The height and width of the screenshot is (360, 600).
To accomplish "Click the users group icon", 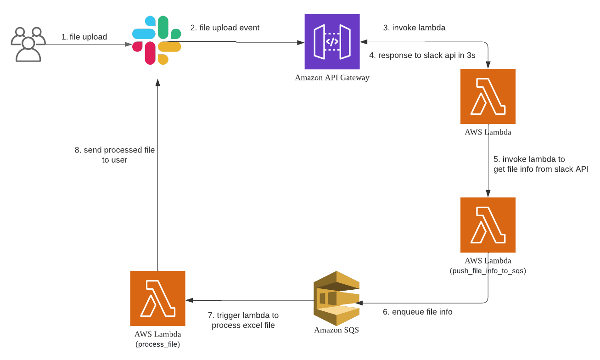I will [x=28, y=44].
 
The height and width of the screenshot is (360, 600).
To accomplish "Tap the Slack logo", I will [x=157, y=40].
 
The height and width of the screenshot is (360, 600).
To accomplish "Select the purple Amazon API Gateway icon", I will [x=332, y=42].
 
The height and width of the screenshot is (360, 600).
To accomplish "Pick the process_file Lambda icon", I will [x=157, y=298].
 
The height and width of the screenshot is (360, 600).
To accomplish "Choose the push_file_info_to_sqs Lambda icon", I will [x=488, y=225].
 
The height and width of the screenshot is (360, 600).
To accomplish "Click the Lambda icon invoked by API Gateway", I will [x=488, y=96].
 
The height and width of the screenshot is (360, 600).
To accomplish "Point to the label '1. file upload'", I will [x=84, y=37].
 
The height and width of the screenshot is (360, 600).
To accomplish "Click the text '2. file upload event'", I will [x=225, y=28].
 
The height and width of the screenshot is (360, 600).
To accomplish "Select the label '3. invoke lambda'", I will [x=414, y=28].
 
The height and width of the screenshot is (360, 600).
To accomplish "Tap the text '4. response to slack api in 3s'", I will [x=422, y=55].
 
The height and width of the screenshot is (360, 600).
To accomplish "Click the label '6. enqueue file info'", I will [x=418, y=312].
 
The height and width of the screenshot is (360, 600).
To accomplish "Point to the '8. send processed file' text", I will [x=115, y=150].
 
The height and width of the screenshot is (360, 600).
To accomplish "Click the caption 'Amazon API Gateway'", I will [x=332, y=78].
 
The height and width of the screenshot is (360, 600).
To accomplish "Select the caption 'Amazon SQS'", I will [x=336, y=330].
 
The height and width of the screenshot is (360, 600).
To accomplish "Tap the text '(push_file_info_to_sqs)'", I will [x=488, y=270].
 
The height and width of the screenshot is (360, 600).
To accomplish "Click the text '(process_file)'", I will [x=157, y=344].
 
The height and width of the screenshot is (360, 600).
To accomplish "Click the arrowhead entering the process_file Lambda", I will [x=189, y=300].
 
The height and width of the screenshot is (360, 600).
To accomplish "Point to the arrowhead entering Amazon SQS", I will [x=359, y=303].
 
